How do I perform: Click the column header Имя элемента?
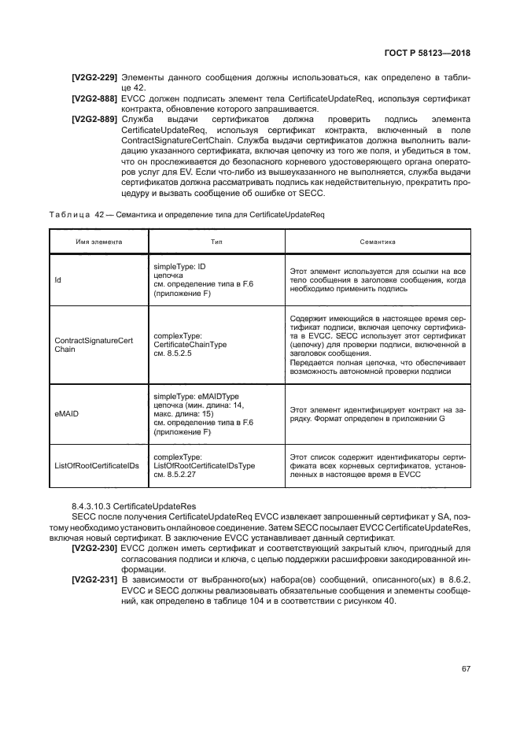tap(87, 242)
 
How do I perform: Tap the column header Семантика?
tap(377, 242)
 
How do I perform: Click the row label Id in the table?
tap(57, 279)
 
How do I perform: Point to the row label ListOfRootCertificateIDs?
tap(96, 465)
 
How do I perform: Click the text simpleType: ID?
tap(179, 268)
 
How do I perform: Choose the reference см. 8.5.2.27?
tap(175, 475)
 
